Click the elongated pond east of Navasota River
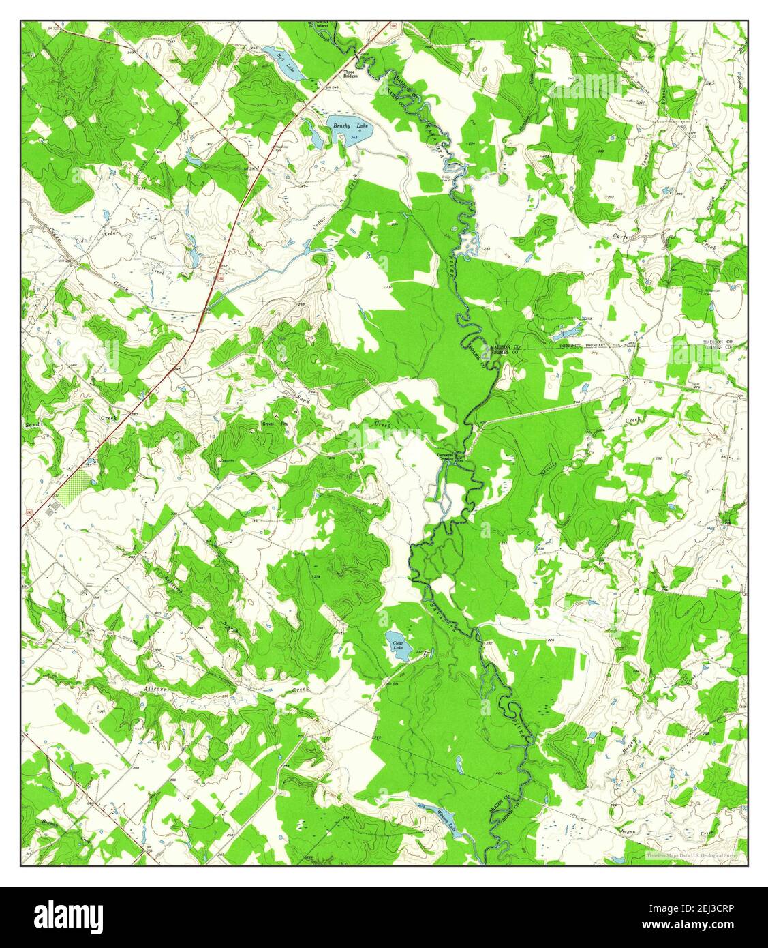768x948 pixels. click(568, 334)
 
